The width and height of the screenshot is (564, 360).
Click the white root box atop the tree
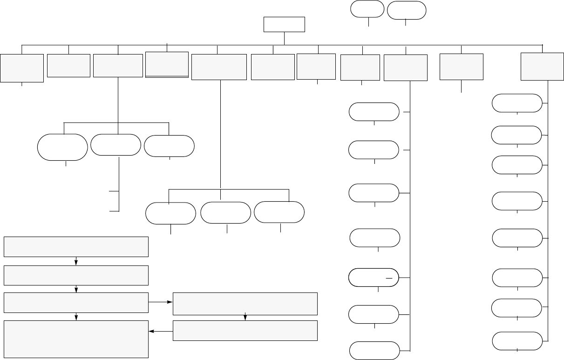click(x=284, y=24)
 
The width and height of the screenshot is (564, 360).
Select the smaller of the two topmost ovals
click(x=368, y=9)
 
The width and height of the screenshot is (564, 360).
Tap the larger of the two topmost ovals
click(x=407, y=10)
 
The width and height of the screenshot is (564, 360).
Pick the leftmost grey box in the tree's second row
click(x=22, y=68)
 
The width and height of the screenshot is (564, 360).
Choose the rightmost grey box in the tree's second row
click(x=542, y=66)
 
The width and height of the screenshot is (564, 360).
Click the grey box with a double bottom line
click(x=167, y=64)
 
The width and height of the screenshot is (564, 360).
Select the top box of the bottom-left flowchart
click(x=76, y=247)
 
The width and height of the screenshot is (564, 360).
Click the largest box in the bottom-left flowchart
click(x=76, y=339)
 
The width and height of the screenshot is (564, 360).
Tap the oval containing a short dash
click(x=373, y=277)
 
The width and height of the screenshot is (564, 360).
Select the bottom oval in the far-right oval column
click(x=517, y=340)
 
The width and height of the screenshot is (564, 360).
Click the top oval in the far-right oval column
click(x=517, y=103)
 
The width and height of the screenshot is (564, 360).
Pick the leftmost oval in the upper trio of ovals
click(x=62, y=147)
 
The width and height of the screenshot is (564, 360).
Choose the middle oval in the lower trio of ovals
click(x=225, y=213)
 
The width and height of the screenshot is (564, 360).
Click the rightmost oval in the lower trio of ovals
click(x=279, y=212)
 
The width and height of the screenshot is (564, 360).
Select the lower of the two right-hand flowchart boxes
click(x=245, y=331)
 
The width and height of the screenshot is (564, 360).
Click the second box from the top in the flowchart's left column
click(x=76, y=275)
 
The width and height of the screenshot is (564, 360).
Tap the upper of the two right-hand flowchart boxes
click(x=245, y=304)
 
